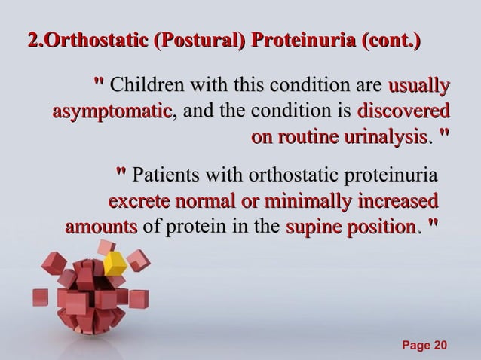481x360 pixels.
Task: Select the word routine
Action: [x=308, y=138]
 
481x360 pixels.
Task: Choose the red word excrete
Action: [x=141, y=203]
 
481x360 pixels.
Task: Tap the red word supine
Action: [x=312, y=227]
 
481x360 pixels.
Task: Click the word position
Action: [x=379, y=227]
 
